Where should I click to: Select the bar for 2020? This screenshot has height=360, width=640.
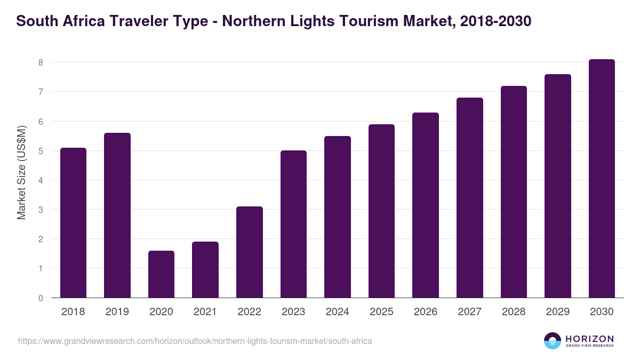[x=161, y=274]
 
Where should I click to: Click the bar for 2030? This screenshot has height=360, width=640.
[x=602, y=179]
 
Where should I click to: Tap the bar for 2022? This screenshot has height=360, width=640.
[x=249, y=252]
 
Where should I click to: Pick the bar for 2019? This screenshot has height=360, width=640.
[x=117, y=215]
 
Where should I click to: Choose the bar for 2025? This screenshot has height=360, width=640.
[x=381, y=211]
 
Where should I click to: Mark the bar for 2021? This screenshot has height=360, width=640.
[x=205, y=269]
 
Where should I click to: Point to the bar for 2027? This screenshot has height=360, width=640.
[x=469, y=197]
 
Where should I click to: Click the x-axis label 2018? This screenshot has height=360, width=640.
[x=73, y=312]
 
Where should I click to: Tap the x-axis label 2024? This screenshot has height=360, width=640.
[x=337, y=312]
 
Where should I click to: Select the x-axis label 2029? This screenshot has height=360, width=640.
[x=557, y=312]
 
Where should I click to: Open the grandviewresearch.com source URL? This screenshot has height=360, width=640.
[x=195, y=341]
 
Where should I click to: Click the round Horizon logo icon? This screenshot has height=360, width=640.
[x=553, y=341]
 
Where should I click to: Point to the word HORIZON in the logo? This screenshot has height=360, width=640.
[x=589, y=338]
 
